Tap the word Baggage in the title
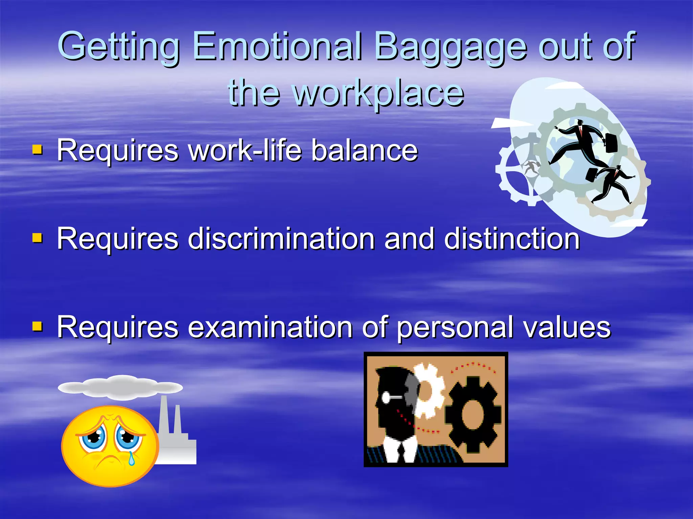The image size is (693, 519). pyautogui.click(x=450, y=47)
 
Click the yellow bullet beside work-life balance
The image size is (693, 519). pyautogui.click(x=37, y=149)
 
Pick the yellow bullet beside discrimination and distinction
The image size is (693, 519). pyautogui.click(x=37, y=238)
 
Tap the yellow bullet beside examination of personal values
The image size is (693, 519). pyautogui.click(x=37, y=326)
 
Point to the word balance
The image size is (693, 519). pyautogui.click(x=364, y=150)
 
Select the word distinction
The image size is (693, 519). pyautogui.click(x=512, y=239)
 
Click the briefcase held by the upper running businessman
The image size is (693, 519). pyautogui.click(x=611, y=143)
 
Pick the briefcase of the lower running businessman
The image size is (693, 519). pyautogui.click(x=592, y=175)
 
